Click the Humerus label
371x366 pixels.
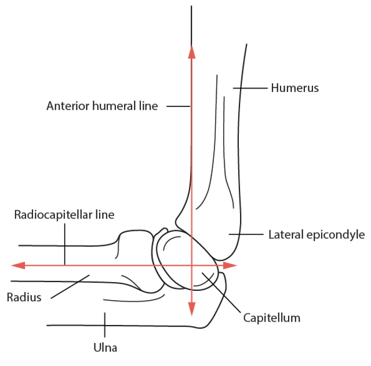coord(295,88)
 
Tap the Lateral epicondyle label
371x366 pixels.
coord(316,235)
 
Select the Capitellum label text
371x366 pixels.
coord(271,317)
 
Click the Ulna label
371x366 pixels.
coord(106,347)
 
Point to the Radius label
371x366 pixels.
coord(24,297)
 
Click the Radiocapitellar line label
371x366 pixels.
coord(64,215)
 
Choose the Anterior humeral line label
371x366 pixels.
coord(102,106)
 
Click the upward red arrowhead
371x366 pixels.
coord(192,51)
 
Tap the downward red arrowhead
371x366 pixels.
coord(192,309)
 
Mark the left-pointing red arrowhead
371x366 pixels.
coord(19,265)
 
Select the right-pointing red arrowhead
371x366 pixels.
coord(231,265)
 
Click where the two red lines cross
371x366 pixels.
coord(192,265)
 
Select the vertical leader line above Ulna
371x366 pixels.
coord(105,324)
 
